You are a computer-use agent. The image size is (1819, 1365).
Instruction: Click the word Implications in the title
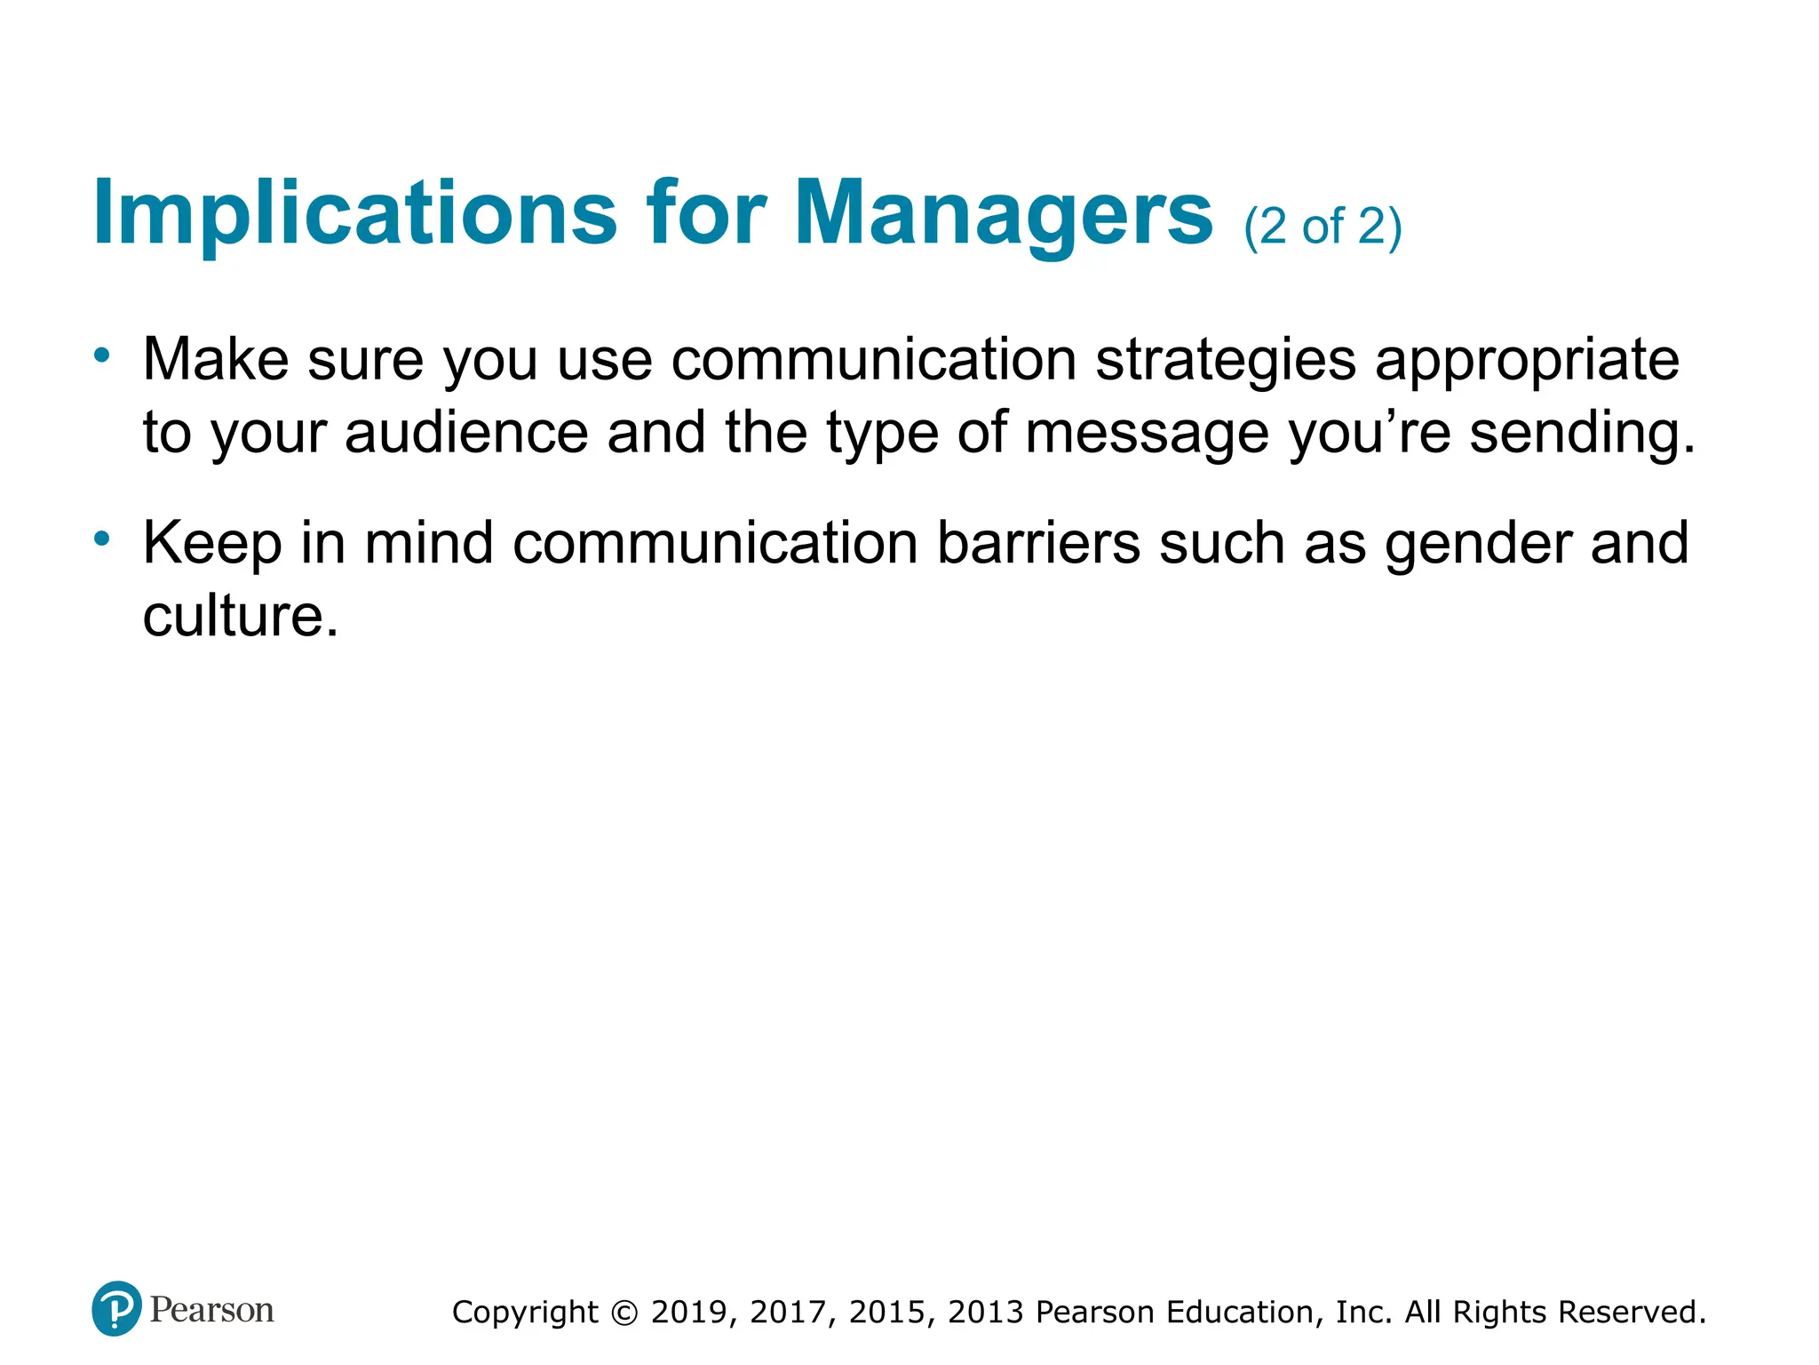[354, 213]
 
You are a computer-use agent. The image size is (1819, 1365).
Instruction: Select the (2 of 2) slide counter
[1323, 227]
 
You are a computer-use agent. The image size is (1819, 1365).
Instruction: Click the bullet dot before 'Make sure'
[102, 356]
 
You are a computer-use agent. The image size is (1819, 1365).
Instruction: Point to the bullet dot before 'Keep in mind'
[102, 539]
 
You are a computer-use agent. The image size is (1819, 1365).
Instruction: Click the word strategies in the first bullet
[1226, 361]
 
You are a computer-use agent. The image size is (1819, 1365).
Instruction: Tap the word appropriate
[1527, 361]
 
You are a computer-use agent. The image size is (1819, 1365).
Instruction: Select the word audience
[466, 433]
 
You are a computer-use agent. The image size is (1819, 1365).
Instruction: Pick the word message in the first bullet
[1147, 435]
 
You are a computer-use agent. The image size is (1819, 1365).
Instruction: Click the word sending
[1581, 435]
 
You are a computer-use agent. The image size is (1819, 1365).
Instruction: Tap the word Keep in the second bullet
[212, 544]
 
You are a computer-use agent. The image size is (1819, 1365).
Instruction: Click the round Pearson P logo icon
[116, 1309]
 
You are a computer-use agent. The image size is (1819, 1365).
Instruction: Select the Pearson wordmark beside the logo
[212, 1310]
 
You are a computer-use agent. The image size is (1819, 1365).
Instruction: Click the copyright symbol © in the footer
[625, 1313]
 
